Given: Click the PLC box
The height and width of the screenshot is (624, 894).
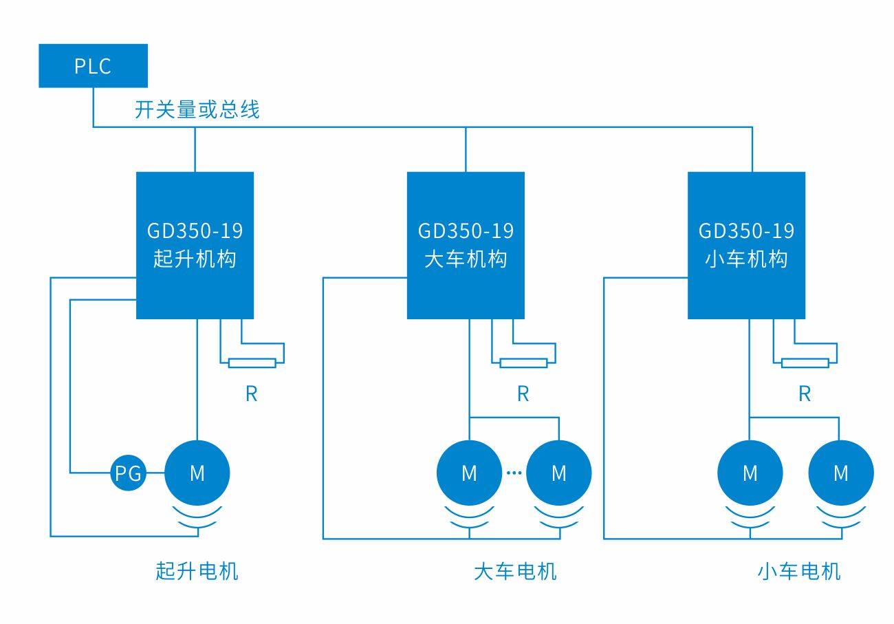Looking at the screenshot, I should (x=93, y=66).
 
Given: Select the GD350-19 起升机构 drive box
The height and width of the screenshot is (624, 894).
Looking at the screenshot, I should (x=195, y=245).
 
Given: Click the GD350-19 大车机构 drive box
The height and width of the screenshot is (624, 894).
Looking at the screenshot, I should (x=466, y=245).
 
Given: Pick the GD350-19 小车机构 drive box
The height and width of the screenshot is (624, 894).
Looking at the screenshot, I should (x=746, y=245).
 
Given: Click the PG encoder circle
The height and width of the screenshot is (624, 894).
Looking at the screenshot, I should (x=128, y=473).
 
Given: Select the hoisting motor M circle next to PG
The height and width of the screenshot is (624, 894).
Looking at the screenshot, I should (x=197, y=473).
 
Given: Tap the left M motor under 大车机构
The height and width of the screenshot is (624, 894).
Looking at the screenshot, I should (x=469, y=473).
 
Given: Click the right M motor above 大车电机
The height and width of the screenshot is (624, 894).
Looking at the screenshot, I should (x=559, y=473).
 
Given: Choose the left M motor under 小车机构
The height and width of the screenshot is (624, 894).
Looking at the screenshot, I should (x=750, y=473).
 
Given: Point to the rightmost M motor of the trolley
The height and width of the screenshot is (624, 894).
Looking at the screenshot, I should (x=841, y=473).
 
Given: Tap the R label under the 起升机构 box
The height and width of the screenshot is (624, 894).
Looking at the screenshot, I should (x=252, y=394).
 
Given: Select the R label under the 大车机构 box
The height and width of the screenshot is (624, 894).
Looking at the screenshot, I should (x=523, y=394).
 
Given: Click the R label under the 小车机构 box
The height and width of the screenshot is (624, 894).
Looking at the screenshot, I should (x=805, y=394).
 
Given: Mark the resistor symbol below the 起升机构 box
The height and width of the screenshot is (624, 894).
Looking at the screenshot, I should (x=252, y=363).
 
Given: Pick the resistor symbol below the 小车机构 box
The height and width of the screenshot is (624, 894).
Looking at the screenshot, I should (x=805, y=363).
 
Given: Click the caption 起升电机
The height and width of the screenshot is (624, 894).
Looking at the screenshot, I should (x=197, y=571).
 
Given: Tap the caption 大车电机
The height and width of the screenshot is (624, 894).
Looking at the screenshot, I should (x=515, y=571).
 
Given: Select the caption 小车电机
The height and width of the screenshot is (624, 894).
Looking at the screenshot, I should (x=799, y=571).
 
